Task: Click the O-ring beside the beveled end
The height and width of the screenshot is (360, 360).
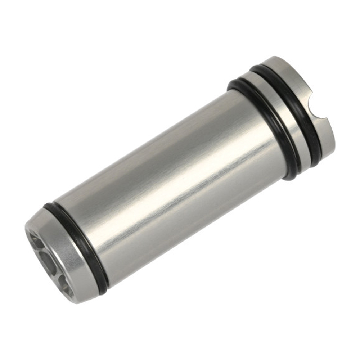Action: [x=77, y=245]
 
